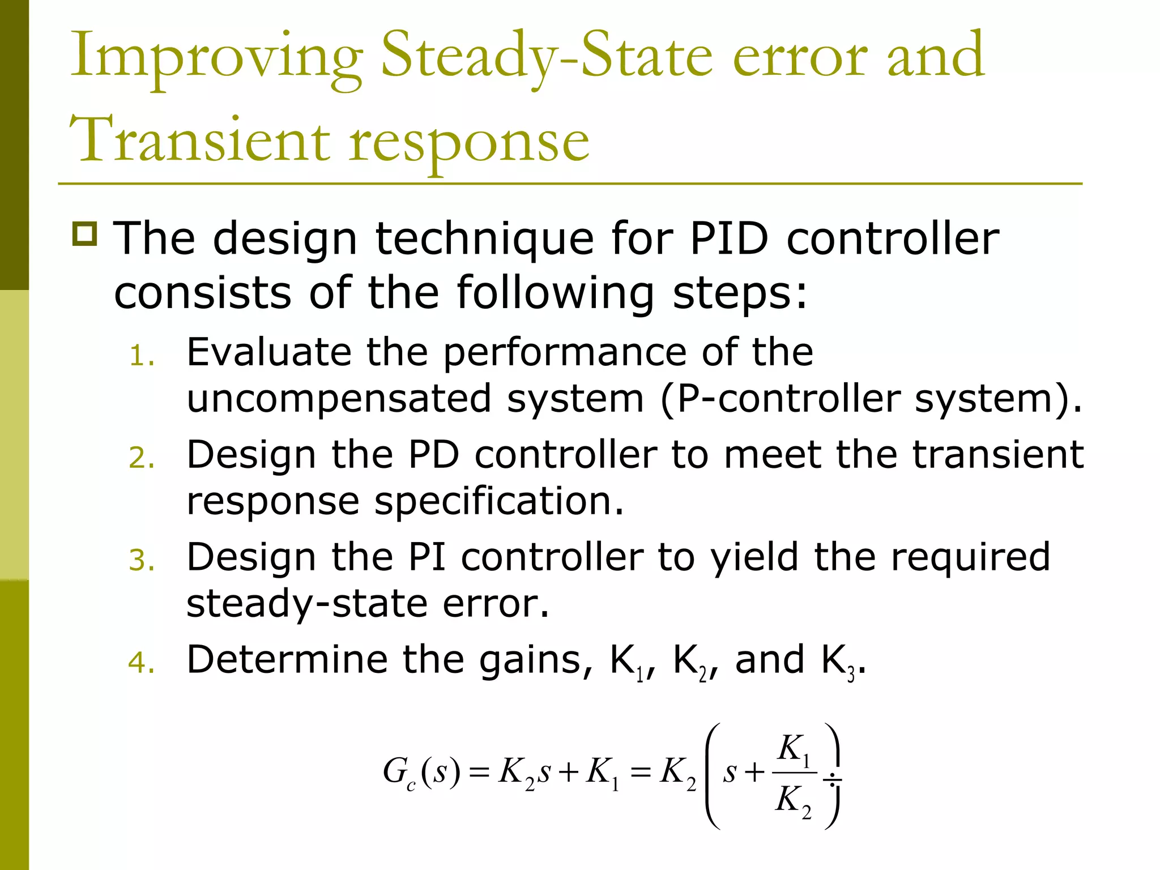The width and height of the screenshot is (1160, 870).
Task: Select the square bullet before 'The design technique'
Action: pyautogui.click(x=85, y=233)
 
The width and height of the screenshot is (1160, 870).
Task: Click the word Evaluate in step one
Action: pyautogui.click(x=268, y=352)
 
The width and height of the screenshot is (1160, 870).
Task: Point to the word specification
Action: pyautogui.click(x=498, y=501)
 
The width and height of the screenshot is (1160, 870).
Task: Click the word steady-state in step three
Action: pyautogui.click(x=306, y=603)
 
